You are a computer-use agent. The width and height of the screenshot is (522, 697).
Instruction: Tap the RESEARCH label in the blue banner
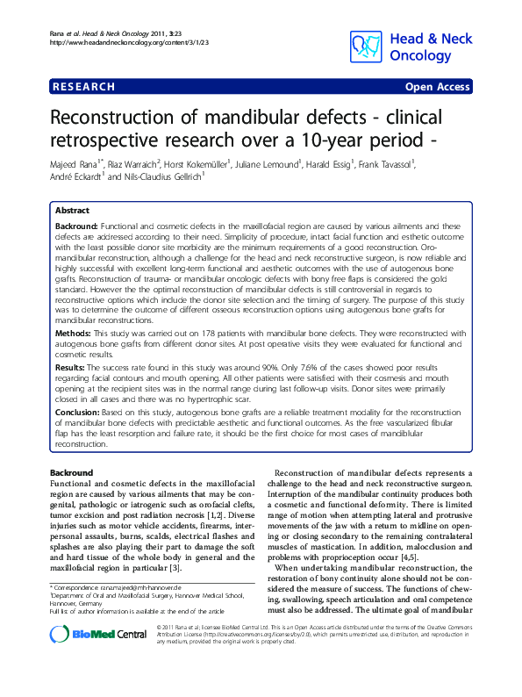click(84, 87)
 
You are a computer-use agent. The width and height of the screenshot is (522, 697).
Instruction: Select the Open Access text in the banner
click(437, 87)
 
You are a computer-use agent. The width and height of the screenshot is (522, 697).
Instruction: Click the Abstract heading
click(72, 212)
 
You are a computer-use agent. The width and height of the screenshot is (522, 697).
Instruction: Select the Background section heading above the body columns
click(72, 473)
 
